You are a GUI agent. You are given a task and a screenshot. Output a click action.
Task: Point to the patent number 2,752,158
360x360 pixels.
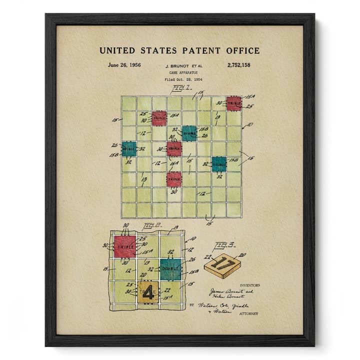(x=239, y=65)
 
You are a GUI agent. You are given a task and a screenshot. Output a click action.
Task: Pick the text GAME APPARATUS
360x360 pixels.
(x=180, y=72)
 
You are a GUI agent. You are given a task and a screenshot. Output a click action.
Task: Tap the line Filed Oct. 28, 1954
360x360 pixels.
(x=180, y=79)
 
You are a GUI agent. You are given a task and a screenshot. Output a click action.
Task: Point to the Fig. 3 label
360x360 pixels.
(x=221, y=245)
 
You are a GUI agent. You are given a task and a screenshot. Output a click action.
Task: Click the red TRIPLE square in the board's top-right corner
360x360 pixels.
(x=233, y=103)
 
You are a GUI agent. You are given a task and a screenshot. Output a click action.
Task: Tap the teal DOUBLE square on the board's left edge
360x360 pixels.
(x=128, y=148)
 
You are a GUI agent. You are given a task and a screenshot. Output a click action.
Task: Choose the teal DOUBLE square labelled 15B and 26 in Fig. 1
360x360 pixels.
(x=189, y=133)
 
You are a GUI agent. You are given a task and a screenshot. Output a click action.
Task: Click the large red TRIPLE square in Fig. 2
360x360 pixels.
(x=124, y=246)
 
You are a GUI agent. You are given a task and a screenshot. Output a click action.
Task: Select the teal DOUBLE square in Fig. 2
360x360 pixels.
(x=170, y=269)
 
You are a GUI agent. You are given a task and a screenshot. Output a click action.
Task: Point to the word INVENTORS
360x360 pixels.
(x=249, y=285)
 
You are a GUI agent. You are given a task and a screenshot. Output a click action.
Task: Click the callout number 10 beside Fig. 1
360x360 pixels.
(x=249, y=124)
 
